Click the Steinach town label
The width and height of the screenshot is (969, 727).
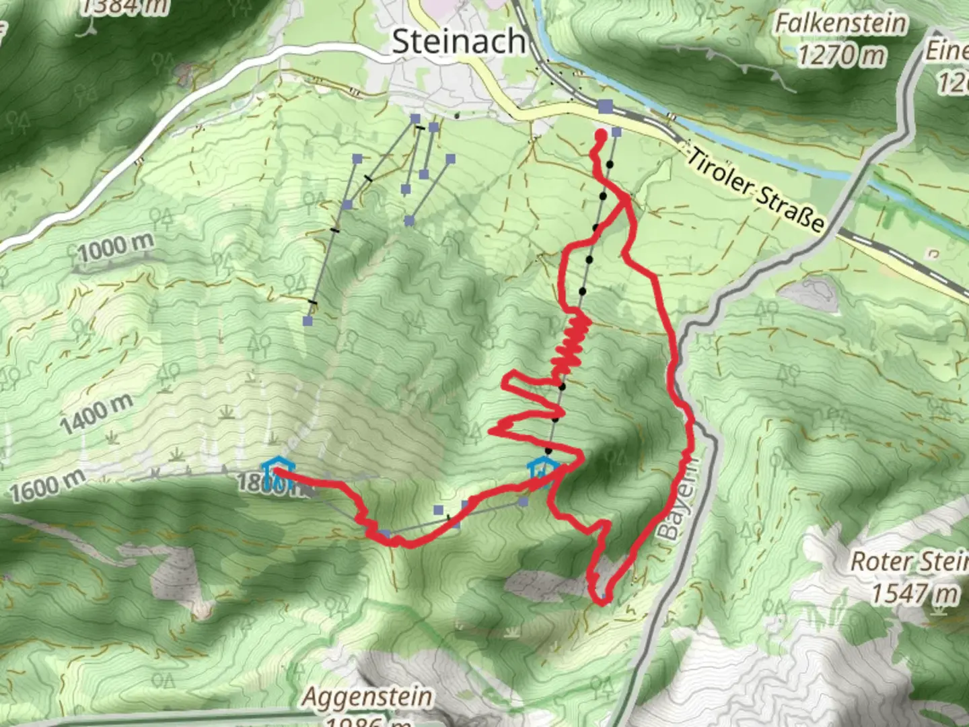pyautogui.click(x=458, y=42)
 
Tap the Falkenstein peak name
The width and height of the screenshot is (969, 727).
pyautogui.click(x=840, y=24)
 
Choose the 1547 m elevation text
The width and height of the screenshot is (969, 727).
pyautogui.click(x=915, y=594)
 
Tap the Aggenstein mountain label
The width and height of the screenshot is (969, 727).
pyautogui.click(x=367, y=697)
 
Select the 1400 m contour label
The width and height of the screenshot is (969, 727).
pyautogui.click(x=96, y=416)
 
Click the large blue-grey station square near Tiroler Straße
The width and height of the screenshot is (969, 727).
pyautogui.click(x=605, y=106)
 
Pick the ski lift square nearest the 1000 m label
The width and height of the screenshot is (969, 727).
pyautogui.click(x=308, y=321)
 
